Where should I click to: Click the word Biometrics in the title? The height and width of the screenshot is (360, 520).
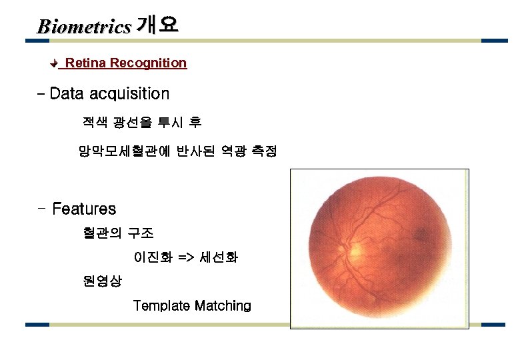coord(84,27)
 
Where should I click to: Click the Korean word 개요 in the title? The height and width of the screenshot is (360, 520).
coord(157,25)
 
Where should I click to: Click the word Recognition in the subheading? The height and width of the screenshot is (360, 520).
coord(148,63)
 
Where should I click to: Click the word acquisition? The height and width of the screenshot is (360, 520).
coord(128,94)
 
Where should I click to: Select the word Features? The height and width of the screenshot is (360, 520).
coord(84,209)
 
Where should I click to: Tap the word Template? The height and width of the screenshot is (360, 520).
coord(161,306)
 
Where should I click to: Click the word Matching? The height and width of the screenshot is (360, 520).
coord(223,306)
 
